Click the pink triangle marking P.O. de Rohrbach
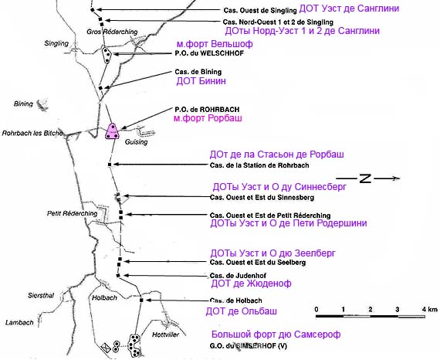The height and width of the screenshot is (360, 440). (x=112, y=131)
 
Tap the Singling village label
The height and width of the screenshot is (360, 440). (x=56, y=43)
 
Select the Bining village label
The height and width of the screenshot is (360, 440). (x=23, y=104)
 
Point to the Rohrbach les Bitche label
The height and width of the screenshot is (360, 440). (x=32, y=133)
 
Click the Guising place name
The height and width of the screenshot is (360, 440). (x=137, y=142)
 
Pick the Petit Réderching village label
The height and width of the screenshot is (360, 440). (x=72, y=213)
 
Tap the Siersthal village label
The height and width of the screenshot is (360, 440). (x=41, y=295)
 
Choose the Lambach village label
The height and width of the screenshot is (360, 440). (x=19, y=323)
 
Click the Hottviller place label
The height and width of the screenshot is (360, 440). (x=165, y=335)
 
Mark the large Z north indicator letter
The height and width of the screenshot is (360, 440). (x=365, y=178)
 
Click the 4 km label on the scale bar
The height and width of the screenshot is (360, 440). (x=430, y=309)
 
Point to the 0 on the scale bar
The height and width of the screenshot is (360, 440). (x=316, y=309)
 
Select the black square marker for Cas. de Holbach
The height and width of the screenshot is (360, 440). (x=141, y=301)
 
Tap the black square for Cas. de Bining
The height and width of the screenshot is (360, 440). (x=100, y=88)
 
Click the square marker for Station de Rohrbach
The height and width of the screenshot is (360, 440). (x=110, y=165)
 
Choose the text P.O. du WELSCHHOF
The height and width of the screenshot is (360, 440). (x=209, y=53)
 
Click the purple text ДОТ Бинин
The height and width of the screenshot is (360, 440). (x=201, y=81)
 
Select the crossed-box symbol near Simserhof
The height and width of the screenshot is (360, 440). (x=106, y=347)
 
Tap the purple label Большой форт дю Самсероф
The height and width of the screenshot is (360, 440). (x=276, y=335)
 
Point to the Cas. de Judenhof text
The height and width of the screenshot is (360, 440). (x=238, y=276)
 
